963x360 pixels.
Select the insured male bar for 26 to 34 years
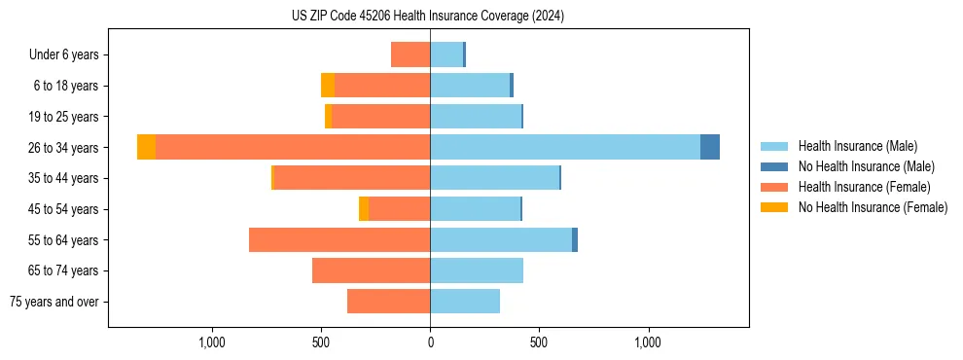[564, 147]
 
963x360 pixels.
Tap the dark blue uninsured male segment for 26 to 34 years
[710, 147]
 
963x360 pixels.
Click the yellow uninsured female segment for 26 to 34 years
[146, 147]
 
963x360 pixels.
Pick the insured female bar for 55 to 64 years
[339, 239]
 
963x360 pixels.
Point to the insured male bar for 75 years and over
[465, 302]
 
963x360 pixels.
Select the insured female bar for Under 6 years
[410, 54]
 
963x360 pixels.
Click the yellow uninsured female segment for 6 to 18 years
[328, 86]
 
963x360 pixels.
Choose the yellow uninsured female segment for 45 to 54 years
[364, 209]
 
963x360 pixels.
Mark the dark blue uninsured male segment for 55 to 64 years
[575, 239]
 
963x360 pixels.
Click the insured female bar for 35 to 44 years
[352, 178]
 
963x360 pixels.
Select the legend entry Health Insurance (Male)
[857, 146]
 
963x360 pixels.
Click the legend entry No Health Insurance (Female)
[873, 207]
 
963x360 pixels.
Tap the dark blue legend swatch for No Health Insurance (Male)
[774, 166]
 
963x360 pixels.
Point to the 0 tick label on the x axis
[430, 342]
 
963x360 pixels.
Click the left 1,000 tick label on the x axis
[212, 342]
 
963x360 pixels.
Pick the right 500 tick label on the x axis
[539, 342]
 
